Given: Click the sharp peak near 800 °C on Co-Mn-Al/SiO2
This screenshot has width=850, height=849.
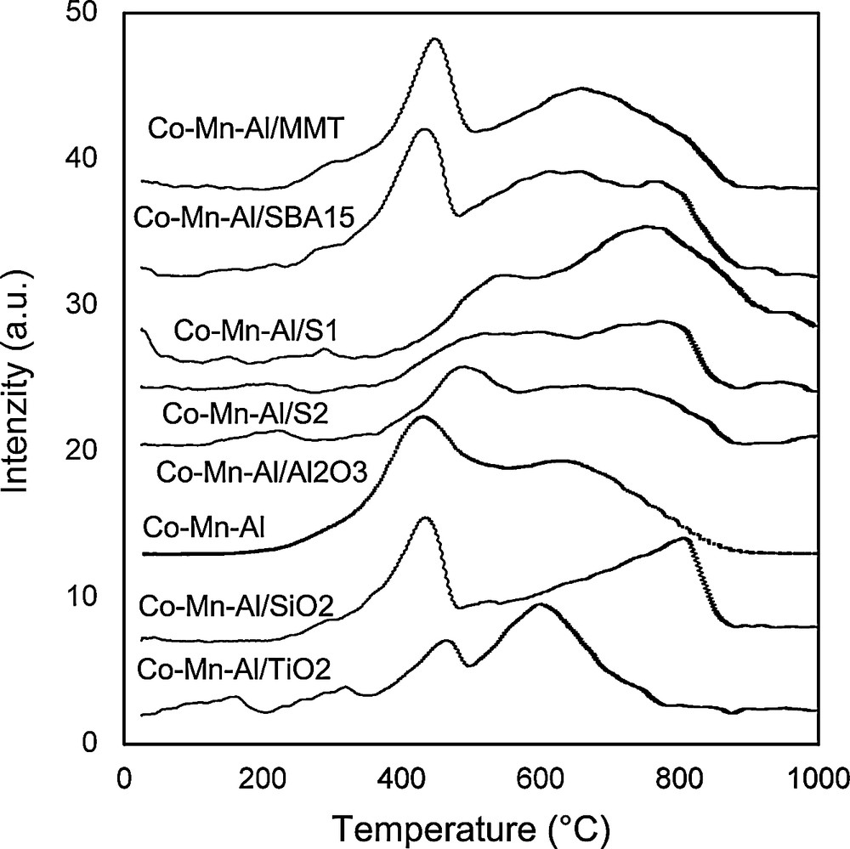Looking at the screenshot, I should tap(684, 538).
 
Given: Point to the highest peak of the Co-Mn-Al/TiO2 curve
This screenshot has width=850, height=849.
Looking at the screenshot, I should tap(538, 604).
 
